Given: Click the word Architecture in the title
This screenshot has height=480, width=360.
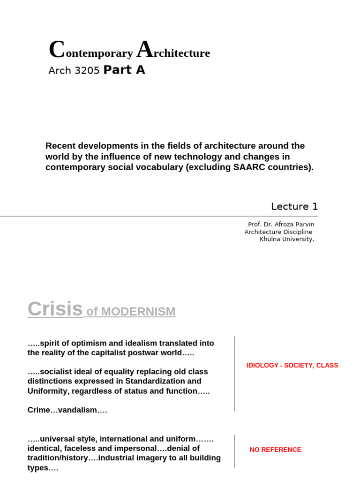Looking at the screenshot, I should click(173, 52).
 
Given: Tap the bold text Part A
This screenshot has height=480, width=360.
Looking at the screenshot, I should click(124, 70).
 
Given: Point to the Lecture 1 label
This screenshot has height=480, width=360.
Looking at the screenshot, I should click(294, 206).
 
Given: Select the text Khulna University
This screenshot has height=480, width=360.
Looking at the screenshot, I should click(287, 239).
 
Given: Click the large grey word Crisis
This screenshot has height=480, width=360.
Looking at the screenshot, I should click(55, 309).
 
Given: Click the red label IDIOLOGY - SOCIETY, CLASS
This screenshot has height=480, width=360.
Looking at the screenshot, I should click(292, 365).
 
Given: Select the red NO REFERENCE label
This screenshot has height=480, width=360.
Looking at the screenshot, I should click(275, 450).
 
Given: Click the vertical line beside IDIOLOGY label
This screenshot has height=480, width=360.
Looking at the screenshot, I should click(234, 373).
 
